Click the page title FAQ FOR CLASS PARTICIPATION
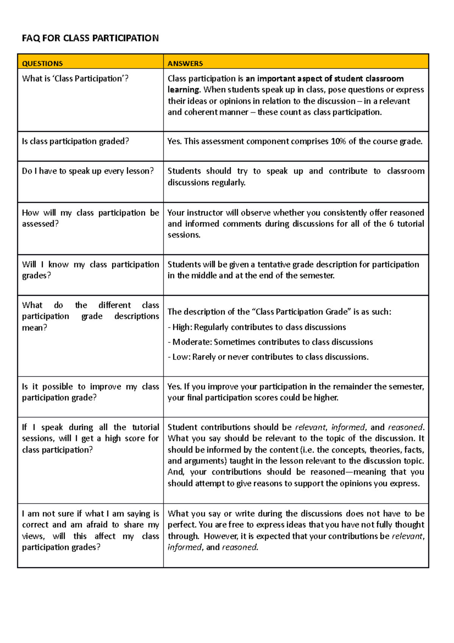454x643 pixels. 90,38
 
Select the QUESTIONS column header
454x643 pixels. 42,64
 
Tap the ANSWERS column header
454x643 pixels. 185,64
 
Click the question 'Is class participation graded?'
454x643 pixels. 75,141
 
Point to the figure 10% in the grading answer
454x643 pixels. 338,141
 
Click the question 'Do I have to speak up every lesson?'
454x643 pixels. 88,171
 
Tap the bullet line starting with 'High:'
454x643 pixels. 257,327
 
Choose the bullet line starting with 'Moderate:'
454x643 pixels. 270,342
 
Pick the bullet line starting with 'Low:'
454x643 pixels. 268,357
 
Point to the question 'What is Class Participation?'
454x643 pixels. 75,78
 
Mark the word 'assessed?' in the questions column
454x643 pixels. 40,224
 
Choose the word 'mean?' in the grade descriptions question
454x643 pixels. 34,328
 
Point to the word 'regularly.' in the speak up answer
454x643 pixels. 227,183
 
